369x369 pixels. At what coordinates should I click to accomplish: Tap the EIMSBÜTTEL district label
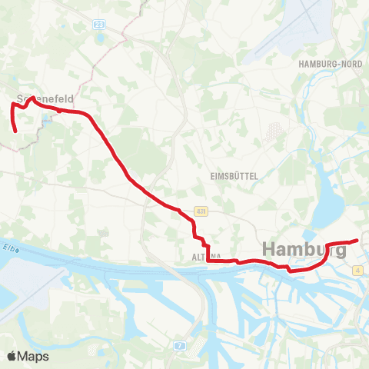(x=233, y=175)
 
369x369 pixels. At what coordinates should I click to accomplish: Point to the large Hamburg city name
(x=304, y=250)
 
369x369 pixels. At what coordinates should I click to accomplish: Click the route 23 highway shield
(x=101, y=25)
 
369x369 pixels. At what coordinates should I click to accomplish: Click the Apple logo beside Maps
(x=13, y=356)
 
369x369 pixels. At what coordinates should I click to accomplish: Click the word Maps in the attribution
(x=34, y=356)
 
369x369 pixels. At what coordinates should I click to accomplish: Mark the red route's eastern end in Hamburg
(x=357, y=241)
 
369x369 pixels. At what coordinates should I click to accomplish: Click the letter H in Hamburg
(x=271, y=250)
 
